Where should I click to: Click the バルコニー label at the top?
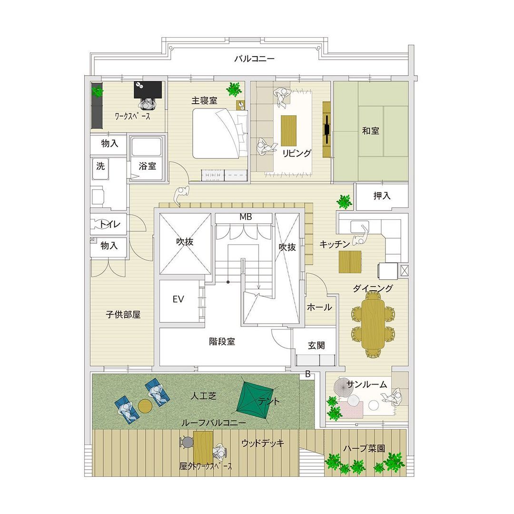[x=254, y=59]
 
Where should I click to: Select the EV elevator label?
[x=178, y=299]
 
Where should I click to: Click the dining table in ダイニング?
[x=373, y=325]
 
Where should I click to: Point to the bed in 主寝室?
[x=220, y=134]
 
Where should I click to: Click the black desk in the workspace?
[x=148, y=89]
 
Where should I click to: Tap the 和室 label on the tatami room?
[x=371, y=131]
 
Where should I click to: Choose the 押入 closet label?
[x=382, y=196]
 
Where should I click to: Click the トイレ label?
[x=110, y=224]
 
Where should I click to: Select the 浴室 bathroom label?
[x=147, y=166]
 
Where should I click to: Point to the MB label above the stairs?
[x=246, y=217]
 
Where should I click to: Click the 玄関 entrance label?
[x=316, y=346]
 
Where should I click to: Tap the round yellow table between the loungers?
[x=145, y=406]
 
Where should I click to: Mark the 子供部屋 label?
[x=123, y=315]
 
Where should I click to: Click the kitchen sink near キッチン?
[x=360, y=227]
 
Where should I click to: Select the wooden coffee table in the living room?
[x=288, y=130]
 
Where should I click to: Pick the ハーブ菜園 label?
[x=364, y=448]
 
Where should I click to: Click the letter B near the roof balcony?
[x=308, y=374]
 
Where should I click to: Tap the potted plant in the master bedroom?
[x=234, y=89]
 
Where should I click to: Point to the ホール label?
[x=319, y=307]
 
